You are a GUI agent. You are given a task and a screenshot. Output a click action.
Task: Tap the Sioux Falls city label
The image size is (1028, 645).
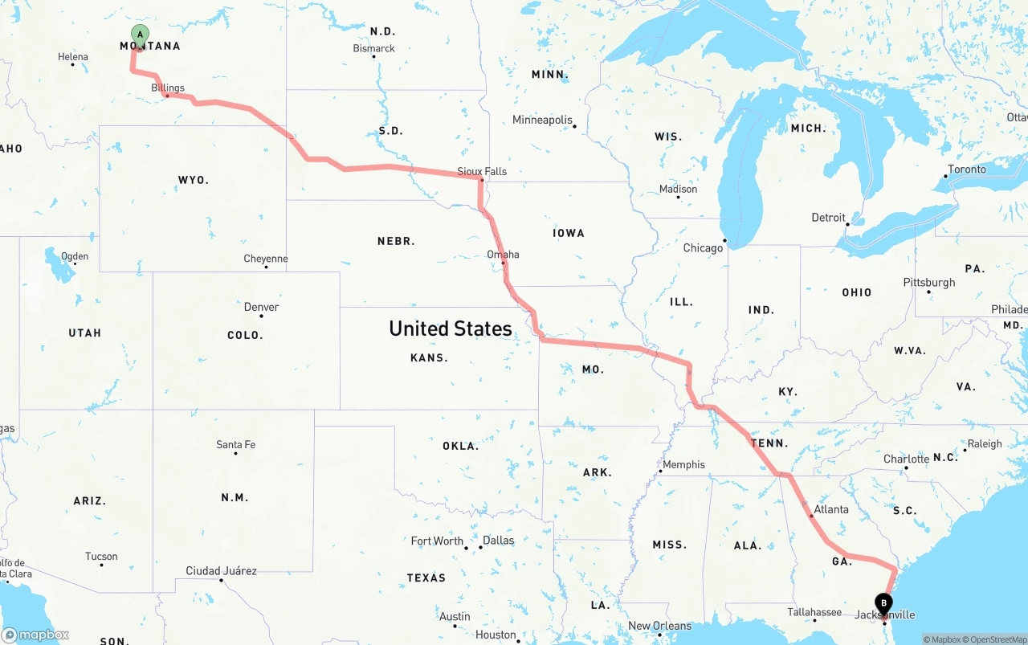point(482,171)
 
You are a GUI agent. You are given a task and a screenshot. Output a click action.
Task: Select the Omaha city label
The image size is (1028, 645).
point(503,255)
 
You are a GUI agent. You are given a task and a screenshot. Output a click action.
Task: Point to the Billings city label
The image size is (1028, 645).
point(168,88)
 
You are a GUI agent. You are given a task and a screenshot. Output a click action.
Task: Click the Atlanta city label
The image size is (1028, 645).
point(830,509)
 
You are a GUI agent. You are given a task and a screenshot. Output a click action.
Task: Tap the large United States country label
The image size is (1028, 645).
point(450,329)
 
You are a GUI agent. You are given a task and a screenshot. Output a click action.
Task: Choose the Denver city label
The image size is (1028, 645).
point(262,307)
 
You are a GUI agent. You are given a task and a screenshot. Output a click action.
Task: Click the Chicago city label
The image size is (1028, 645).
point(703,248)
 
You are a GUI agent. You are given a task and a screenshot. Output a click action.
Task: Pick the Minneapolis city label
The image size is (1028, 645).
point(542,120)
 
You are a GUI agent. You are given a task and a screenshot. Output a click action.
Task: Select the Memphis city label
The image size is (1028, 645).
point(683,464)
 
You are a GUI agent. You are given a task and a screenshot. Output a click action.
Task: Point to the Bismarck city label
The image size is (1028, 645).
point(373,48)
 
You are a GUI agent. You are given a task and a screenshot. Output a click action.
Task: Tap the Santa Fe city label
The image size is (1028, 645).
point(235,444)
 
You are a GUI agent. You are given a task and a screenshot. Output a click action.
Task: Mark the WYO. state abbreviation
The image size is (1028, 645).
point(193,180)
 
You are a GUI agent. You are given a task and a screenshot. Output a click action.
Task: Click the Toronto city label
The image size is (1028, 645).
point(966,169)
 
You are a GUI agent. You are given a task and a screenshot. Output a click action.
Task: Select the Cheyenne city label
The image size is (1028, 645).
point(265,259)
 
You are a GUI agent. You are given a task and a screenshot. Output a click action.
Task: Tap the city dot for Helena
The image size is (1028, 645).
point(72,64)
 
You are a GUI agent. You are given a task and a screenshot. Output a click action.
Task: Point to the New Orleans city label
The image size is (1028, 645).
point(659,626)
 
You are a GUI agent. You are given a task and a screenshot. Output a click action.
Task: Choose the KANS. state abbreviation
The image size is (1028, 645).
point(429,357)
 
